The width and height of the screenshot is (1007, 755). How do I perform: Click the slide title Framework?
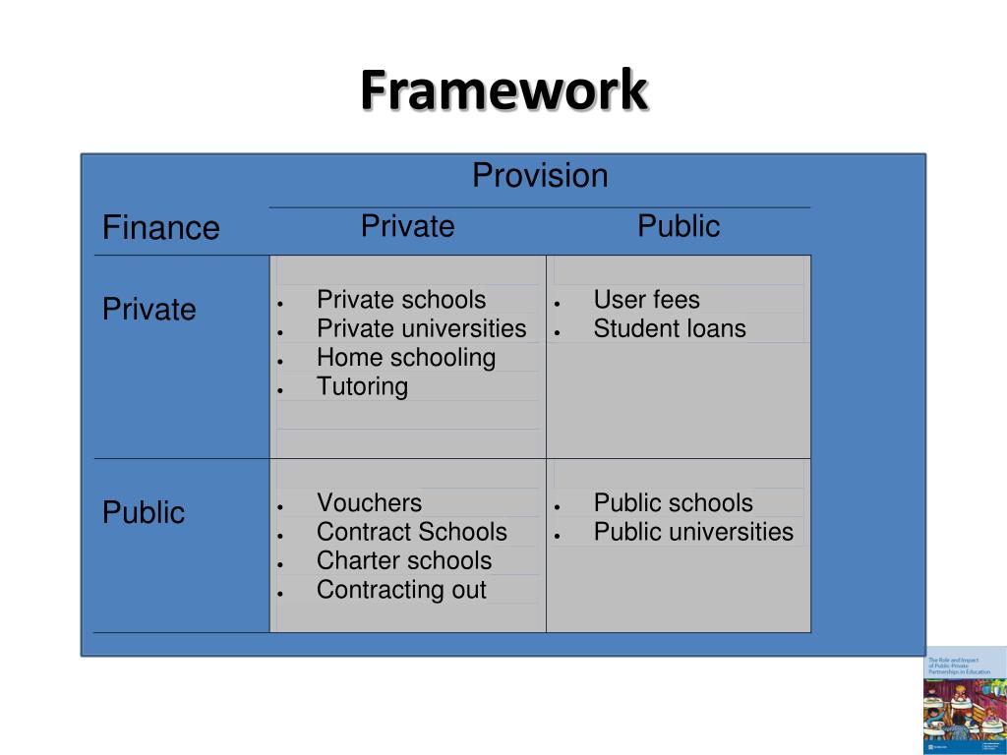click(503, 91)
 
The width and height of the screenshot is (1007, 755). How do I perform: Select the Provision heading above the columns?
click(540, 176)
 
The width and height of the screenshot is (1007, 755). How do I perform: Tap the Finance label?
click(161, 228)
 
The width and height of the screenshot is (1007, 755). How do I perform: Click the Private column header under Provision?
click(407, 226)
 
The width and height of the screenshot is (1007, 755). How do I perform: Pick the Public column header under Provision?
click(679, 226)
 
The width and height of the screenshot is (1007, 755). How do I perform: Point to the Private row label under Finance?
click(149, 310)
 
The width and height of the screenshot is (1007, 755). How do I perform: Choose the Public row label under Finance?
click(144, 512)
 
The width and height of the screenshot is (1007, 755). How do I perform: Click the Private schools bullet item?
click(401, 300)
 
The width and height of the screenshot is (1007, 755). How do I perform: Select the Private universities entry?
click(421, 328)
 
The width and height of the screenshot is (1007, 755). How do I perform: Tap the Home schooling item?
click(406, 357)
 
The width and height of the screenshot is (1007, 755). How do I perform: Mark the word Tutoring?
click(362, 386)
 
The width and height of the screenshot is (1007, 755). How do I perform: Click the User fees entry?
click(646, 300)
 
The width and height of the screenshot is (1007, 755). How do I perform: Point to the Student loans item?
click(670, 328)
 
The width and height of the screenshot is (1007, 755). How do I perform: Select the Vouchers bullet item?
click(369, 503)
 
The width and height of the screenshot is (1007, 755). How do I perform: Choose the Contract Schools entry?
click(411, 532)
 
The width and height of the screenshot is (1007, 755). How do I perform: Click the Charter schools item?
click(404, 560)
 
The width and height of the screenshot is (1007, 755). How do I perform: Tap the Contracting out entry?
click(401, 590)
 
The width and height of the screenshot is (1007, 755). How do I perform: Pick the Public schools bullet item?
click(673, 503)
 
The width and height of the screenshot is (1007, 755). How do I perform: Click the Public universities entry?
click(693, 532)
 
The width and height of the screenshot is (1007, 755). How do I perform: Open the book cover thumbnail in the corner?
click(965, 700)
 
